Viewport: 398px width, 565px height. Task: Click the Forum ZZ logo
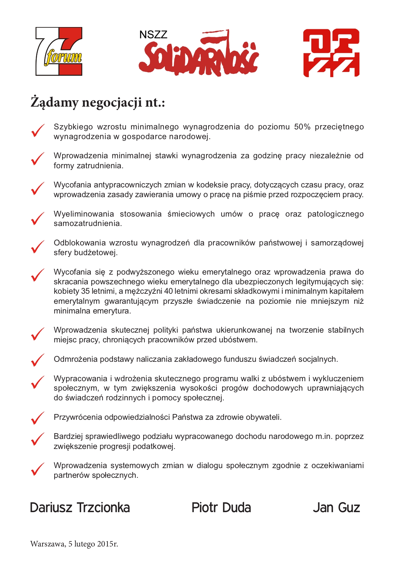point(59,51)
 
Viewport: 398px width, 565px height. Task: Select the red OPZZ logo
point(331,53)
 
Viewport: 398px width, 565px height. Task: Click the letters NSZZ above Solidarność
point(153,35)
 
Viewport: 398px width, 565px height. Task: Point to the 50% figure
point(302,127)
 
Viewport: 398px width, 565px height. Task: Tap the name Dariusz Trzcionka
point(80,508)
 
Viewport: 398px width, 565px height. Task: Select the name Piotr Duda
point(221,508)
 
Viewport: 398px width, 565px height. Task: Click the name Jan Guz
point(336,508)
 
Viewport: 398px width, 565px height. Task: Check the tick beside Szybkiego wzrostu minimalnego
point(38,131)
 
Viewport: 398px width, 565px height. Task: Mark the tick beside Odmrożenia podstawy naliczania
point(38,360)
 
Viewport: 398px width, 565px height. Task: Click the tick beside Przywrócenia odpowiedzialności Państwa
point(38,418)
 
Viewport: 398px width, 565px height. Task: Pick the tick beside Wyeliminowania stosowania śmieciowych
point(38,219)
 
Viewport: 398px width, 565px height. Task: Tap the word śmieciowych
point(191,214)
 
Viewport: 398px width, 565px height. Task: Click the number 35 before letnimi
point(85,291)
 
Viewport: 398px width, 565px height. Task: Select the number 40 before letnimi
point(168,291)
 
